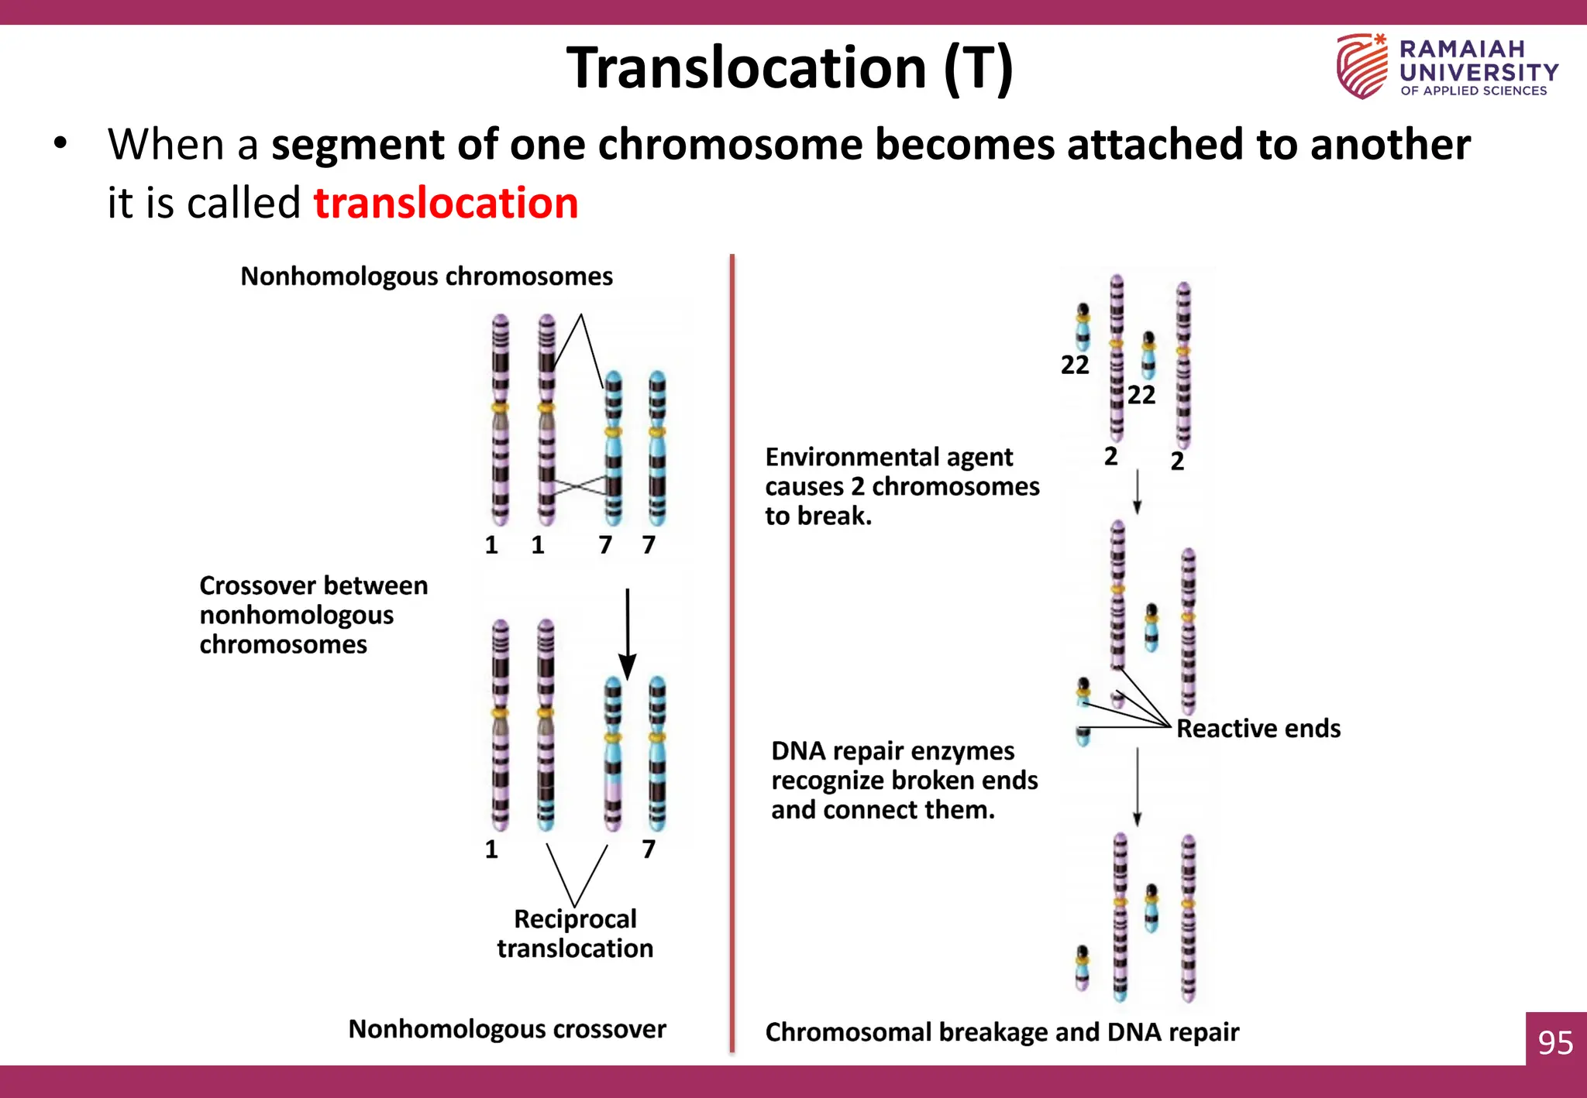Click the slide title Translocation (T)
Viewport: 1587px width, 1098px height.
coord(789,68)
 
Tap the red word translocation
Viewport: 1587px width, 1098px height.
coord(446,204)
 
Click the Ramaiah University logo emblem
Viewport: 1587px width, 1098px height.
coord(1362,66)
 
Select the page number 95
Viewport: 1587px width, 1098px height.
coord(1555,1042)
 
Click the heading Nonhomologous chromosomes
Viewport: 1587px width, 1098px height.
coord(426,276)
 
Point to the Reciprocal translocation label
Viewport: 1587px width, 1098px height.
coord(575,933)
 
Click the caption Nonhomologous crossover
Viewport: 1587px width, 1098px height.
coord(507,1029)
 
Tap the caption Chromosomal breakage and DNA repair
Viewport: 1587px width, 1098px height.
coord(1001,1032)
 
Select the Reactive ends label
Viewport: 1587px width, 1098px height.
coord(1258,729)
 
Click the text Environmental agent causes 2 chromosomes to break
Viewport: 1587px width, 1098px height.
coord(901,486)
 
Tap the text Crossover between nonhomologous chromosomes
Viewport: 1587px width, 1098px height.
coord(312,615)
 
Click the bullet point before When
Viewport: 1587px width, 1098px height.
coord(60,144)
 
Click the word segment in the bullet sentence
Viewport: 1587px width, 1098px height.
coord(357,145)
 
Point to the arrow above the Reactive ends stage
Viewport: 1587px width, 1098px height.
coord(1137,491)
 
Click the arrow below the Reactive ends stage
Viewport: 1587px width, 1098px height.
coord(1137,787)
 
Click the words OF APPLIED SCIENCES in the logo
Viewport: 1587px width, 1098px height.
coord(1473,91)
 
